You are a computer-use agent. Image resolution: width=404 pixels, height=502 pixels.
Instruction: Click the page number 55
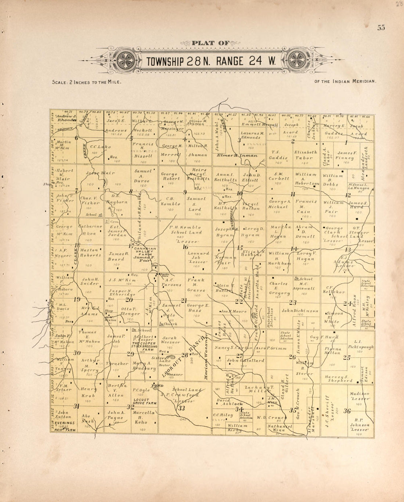coord(380,28)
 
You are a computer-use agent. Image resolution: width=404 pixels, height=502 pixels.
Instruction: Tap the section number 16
coord(185,247)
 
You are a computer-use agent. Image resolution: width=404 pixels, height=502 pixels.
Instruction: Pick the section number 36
coord(347,411)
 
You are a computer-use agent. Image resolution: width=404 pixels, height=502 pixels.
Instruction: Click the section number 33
coord(181,408)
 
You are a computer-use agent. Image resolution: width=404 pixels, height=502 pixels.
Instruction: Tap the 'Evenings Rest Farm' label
coord(63,426)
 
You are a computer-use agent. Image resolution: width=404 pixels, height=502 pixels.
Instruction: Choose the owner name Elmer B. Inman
coord(237,155)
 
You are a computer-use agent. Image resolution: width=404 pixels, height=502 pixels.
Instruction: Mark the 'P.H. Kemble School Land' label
coord(185,230)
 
